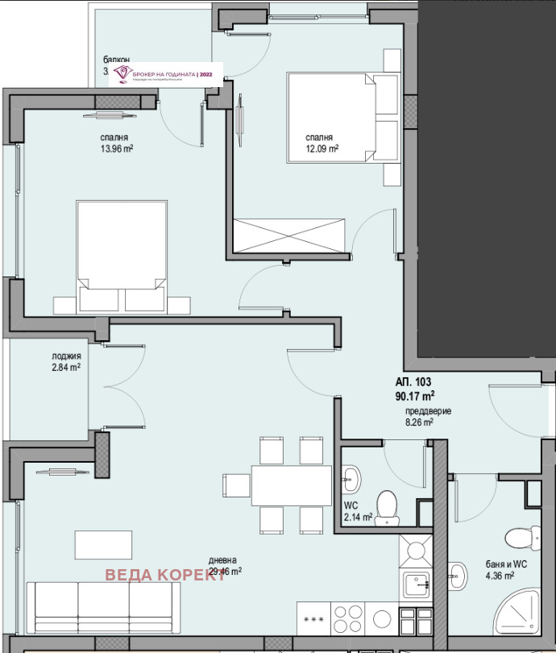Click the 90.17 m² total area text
point(416,396)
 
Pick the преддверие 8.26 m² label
point(428,416)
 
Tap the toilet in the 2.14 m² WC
point(388,505)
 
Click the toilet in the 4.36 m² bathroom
point(518,537)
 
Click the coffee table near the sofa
point(104,544)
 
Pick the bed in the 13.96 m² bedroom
point(121,252)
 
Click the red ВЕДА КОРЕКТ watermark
point(165,575)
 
